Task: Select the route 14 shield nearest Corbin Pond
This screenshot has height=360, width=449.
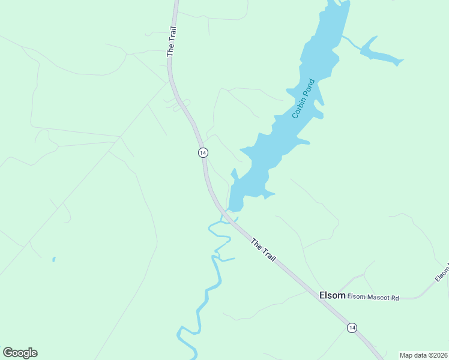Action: [203, 152]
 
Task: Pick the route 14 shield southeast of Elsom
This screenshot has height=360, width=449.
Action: [351, 328]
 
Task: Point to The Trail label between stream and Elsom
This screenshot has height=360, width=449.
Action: [263, 250]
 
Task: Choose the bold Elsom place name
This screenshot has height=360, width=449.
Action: [332, 295]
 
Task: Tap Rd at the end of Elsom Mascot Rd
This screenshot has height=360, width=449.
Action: [395, 297]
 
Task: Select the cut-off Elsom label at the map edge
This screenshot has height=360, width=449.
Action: [442, 274]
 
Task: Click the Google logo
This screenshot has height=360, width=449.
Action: [20, 353]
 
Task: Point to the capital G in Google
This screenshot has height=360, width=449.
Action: [7, 352]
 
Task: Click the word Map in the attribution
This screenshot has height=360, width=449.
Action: [406, 355]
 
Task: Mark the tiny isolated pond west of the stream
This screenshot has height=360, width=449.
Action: [53, 260]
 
